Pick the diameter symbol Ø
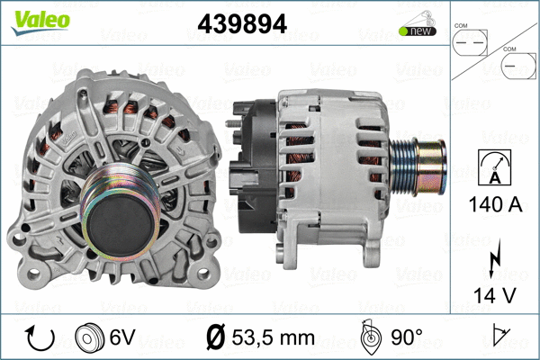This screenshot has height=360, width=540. pyautogui.click(x=217, y=338)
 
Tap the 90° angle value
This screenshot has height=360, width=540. pyautogui.click(x=406, y=338)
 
